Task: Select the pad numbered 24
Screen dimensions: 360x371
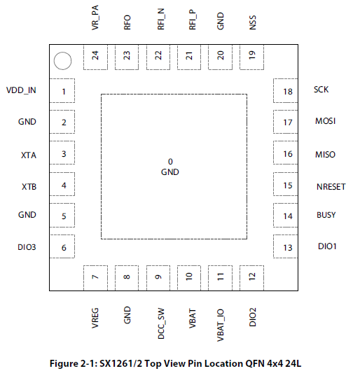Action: pos(95,57)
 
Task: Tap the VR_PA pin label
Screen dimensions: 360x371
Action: pos(95,17)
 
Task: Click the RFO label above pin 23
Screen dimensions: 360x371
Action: pos(127,22)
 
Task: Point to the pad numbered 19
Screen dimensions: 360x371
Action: pos(251,57)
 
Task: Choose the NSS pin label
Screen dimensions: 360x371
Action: pos(253,22)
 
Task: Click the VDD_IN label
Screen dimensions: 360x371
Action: pos(21,90)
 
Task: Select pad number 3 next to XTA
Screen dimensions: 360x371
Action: pos(62,153)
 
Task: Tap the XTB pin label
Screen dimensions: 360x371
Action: pos(29,187)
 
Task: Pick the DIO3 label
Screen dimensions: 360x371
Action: pos(27,247)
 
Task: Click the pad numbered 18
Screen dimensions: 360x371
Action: pos(286,90)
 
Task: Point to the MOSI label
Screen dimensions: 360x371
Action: pos(325,121)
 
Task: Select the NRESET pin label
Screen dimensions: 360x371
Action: pos(331,187)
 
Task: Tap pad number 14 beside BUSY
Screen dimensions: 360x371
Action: pos(286,215)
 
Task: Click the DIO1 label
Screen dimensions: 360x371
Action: pos(327,246)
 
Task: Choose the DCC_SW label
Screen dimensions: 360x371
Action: pos(161,323)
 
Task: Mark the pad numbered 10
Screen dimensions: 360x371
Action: pos(189,278)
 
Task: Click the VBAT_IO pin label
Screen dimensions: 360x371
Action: pos(221,325)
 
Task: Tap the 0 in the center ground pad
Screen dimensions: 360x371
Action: pos(170,162)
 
